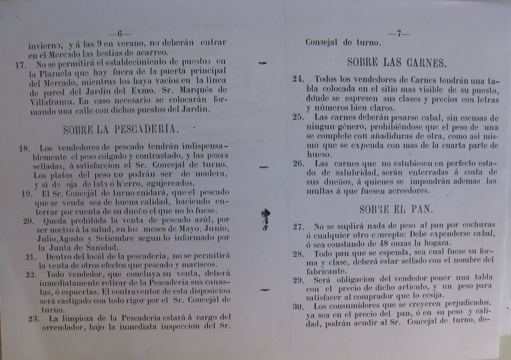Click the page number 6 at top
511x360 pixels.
click(x=120, y=34)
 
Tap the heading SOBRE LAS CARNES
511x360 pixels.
click(x=396, y=63)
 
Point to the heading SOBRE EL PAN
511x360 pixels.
click(x=396, y=209)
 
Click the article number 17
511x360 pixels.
click(x=20, y=64)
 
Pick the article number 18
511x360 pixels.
click(x=24, y=148)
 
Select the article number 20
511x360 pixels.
click(x=28, y=220)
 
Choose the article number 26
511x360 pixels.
click(x=298, y=164)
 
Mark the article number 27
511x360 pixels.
click(x=298, y=226)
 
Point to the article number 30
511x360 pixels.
click(x=298, y=306)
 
